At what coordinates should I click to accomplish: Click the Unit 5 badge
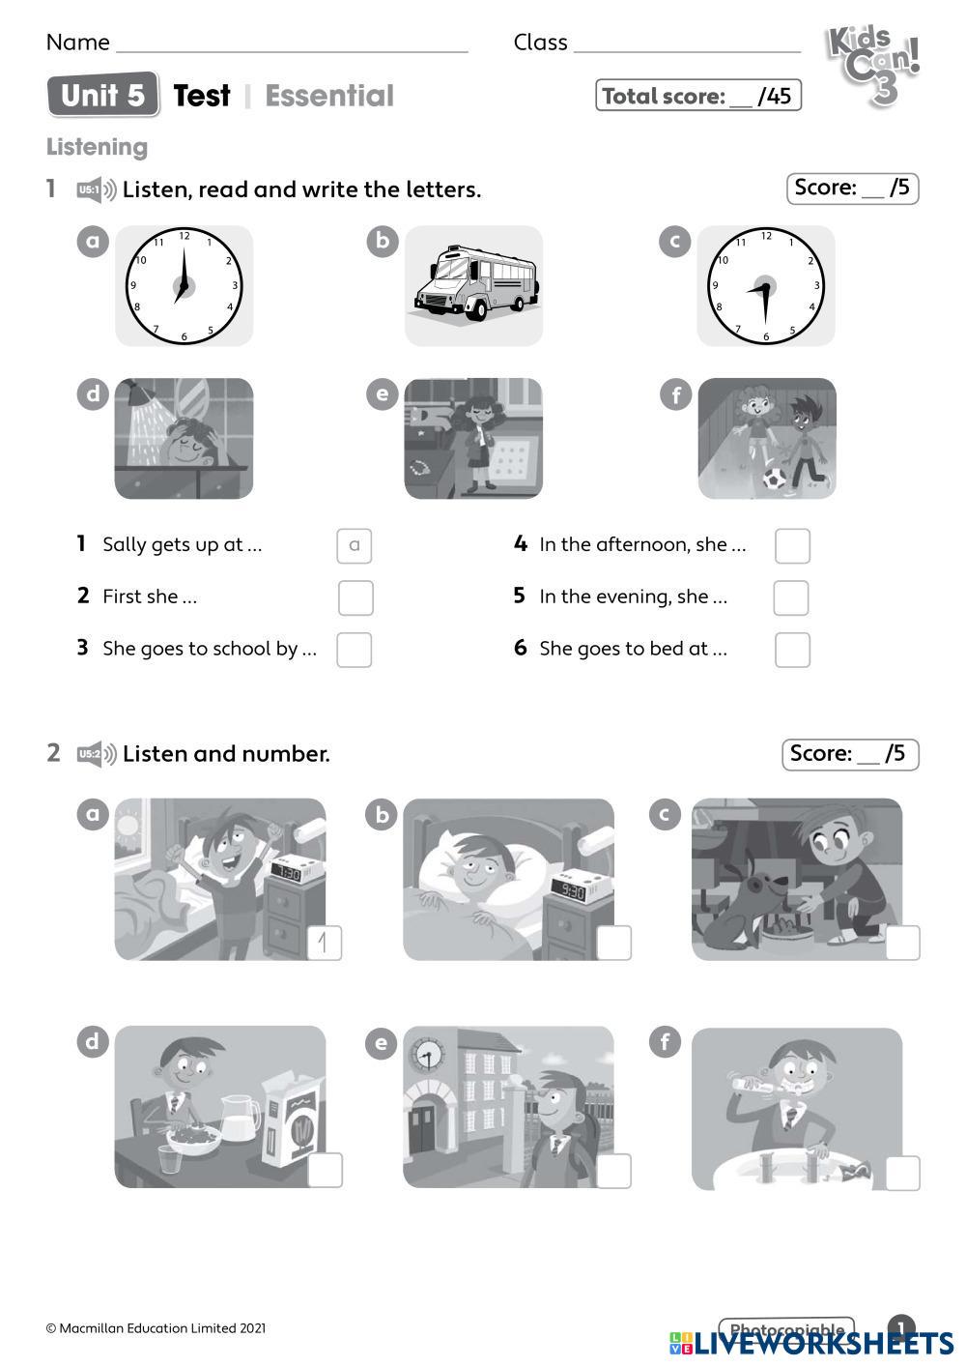click(x=103, y=95)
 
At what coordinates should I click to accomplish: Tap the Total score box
click(x=697, y=95)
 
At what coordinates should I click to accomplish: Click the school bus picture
click(x=475, y=284)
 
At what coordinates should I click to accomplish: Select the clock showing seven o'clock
click(x=184, y=285)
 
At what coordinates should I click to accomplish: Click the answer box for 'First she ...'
click(x=355, y=597)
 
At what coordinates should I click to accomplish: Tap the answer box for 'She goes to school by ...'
click(x=355, y=650)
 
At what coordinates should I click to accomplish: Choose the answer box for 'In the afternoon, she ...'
click(x=792, y=545)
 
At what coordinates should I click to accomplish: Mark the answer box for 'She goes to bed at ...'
click(x=792, y=650)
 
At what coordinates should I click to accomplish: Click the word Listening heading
click(x=97, y=147)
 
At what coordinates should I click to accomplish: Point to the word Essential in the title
click(x=329, y=96)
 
